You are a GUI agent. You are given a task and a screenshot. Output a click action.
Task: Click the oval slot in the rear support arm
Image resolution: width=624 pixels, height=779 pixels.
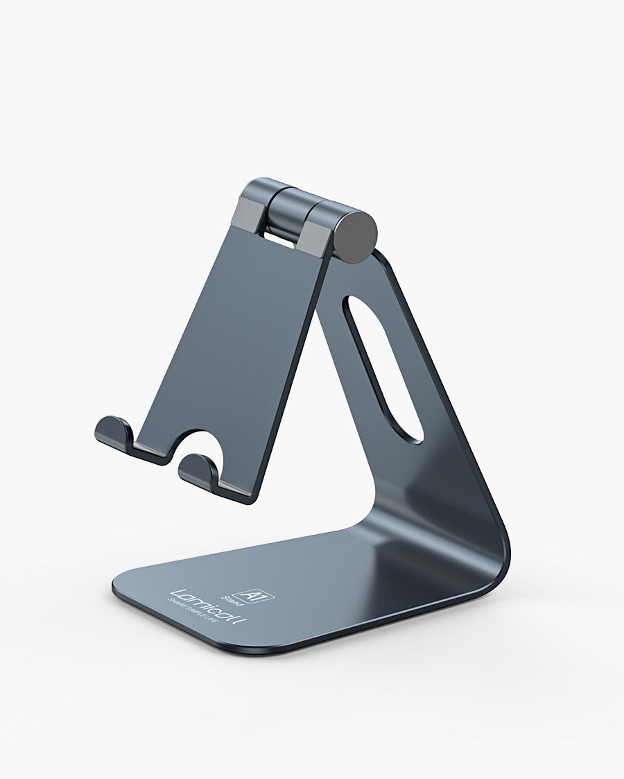point(385,368)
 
